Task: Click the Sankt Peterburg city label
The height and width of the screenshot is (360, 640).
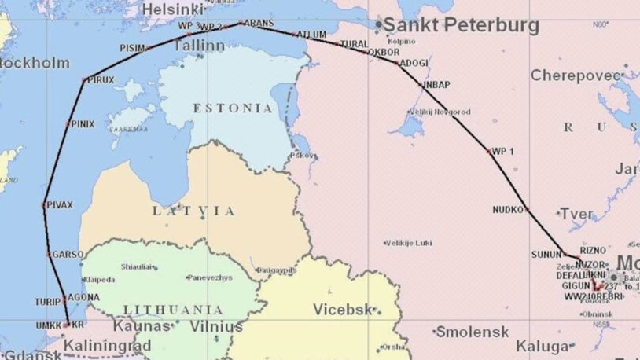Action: pos(461,25)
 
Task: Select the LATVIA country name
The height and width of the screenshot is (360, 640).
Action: pos(193,211)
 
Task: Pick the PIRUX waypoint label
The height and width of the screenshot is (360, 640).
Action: pos(101,80)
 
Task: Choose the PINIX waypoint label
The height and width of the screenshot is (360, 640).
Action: pos(81,124)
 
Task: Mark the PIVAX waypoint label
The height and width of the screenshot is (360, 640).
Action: pos(60,204)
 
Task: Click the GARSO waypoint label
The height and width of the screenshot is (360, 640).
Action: pos(67,255)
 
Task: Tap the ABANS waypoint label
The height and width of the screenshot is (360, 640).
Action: pos(259,24)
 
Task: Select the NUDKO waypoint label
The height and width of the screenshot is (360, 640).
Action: pos(507,210)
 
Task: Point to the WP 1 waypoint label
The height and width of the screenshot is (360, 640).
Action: pos(503,151)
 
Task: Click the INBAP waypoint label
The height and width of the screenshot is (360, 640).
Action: pos(436,83)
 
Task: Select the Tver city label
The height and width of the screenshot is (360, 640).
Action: pos(576,214)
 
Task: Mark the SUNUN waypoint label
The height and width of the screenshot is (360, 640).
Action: pos(546,255)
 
